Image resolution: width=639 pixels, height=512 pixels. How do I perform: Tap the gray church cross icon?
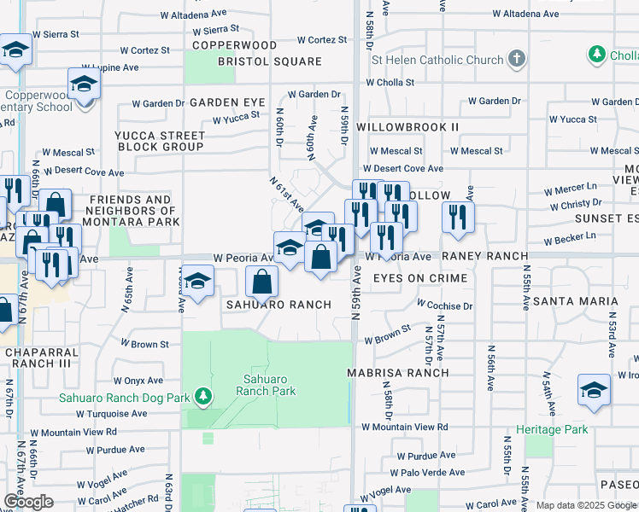(515, 59)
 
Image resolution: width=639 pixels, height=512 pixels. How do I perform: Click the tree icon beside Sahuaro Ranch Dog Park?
(202, 395)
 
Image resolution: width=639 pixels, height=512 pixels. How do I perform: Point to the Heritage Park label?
(552, 429)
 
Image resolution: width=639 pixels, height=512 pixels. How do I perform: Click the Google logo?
(28, 502)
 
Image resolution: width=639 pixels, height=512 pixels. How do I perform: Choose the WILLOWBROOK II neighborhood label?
(407, 126)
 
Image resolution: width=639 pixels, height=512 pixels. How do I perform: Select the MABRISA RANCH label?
(397, 373)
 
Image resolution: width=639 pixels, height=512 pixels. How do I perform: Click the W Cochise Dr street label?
(444, 305)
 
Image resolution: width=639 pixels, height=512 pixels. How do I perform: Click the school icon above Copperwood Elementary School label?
(84, 84)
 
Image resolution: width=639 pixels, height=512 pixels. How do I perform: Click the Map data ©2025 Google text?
(586, 505)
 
